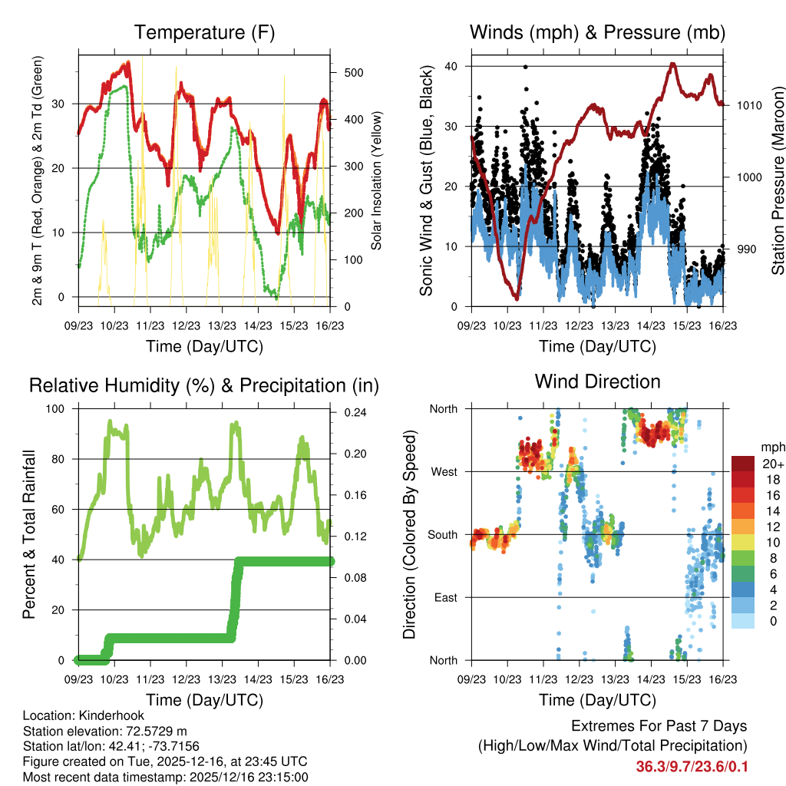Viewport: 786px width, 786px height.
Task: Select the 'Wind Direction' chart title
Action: (597, 381)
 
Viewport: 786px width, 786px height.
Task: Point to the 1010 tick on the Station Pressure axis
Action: (748, 105)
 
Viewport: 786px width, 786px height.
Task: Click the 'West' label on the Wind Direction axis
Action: (444, 471)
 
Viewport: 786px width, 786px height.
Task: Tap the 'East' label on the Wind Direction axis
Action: (445, 597)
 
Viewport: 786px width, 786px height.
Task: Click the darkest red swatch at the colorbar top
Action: (742, 463)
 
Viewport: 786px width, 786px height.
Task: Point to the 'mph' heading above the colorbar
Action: (771, 447)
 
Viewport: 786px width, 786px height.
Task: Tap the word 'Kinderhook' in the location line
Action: (114, 716)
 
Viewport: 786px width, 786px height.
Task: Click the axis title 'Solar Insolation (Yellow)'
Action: (377, 180)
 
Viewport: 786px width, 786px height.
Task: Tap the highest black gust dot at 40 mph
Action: (525, 67)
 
